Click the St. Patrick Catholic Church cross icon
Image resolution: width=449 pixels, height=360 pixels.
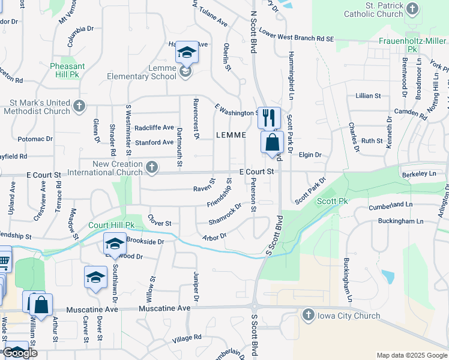pyautogui.click(x=412, y=8)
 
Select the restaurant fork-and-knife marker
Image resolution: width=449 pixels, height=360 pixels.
pyautogui.click(x=269, y=116)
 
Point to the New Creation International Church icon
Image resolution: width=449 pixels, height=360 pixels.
pyautogui.click(x=152, y=169)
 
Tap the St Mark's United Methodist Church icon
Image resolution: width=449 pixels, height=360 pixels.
pyautogui.click(x=79, y=107)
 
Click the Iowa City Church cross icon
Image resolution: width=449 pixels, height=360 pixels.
pyautogui.click(x=308, y=315)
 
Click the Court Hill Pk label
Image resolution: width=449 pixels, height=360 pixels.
pyautogui.click(x=111, y=225)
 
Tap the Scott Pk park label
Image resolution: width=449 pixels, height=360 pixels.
pyautogui.click(x=333, y=201)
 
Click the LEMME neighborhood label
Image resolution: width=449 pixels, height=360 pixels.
pyautogui.click(x=231, y=136)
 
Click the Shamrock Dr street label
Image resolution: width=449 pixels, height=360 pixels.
pyautogui.click(x=224, y=214)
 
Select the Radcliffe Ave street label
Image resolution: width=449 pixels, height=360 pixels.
pyautogui.click(x=154, y=127)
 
